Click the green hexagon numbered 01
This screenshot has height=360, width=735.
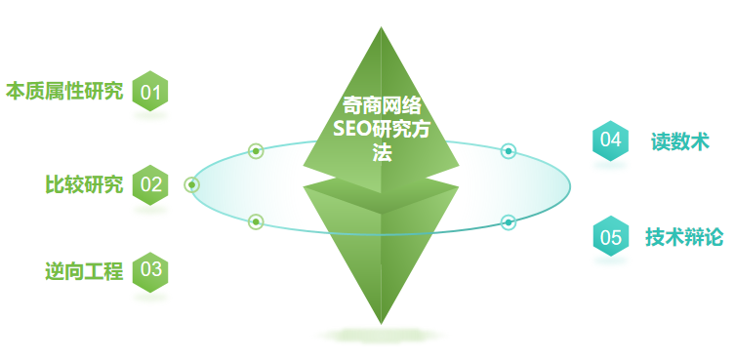click(149, 93)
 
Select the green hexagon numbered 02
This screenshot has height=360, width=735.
click(150, 183)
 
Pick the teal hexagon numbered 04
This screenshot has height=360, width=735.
click(610, 140)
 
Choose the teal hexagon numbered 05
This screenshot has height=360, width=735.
click(610, 236)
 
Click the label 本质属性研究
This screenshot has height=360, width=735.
click(64, 93)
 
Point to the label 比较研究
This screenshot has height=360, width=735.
click(84, 183)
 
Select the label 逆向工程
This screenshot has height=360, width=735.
click(84, 271)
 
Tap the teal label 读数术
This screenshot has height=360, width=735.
click(680, 141)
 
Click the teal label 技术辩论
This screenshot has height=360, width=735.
click(684, 236)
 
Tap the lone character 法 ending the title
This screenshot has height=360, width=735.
click(381, 153)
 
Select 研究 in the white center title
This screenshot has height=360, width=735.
click(389, 130)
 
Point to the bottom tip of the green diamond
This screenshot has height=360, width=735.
click(381, 321)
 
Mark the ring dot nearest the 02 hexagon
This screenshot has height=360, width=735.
click(192, 184)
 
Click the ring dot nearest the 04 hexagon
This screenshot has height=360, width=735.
click(509, 151)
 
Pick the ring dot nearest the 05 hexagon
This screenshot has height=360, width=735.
click(509, 222)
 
